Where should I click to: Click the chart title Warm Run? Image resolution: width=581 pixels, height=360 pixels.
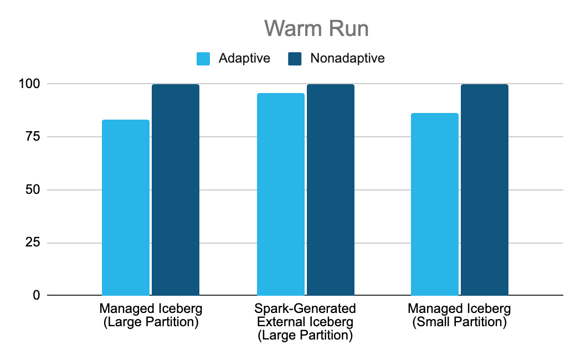[316, 29]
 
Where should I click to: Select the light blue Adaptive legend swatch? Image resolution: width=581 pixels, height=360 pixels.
[204, 58]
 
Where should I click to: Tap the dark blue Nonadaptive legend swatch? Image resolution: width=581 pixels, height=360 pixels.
[295, 58]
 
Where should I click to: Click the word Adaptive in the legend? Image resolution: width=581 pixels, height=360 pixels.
[244, 58]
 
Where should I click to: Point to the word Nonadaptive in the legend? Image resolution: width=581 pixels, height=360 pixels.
[347, 58]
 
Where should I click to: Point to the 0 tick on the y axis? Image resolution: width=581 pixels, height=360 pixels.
[36, 295]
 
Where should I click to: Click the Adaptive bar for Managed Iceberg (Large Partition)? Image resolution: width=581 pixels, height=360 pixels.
[126, 208]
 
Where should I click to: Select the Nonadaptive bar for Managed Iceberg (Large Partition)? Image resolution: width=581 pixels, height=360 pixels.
[176, 190]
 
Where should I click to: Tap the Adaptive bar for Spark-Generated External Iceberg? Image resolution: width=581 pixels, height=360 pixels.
[281, 194]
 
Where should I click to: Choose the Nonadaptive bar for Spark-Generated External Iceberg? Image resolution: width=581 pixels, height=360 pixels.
[331, 190]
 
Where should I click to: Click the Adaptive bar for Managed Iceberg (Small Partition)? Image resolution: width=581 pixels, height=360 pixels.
[435, 204]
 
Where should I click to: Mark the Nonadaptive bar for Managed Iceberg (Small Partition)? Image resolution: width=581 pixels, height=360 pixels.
[485, 190]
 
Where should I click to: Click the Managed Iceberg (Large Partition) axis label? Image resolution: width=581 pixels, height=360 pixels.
[151, 315]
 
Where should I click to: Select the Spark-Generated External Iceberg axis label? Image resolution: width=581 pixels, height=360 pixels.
[305, 322]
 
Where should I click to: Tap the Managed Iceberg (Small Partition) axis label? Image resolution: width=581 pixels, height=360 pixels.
[459, 315]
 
